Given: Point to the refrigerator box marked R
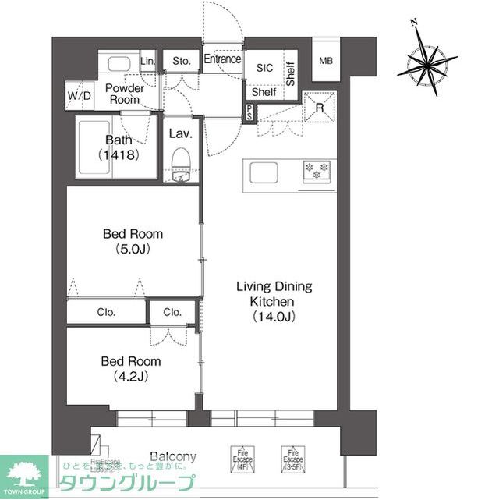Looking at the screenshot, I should tap(318, 108).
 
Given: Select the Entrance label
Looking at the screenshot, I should tap(222, 59).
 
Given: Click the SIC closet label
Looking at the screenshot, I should tap(264, 68).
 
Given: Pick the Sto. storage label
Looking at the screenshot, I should tap(182, 60).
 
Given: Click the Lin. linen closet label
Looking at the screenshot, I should tap(148, 60).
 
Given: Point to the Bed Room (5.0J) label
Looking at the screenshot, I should tap(133, 240).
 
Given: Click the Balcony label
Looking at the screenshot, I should tap(172, 457).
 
